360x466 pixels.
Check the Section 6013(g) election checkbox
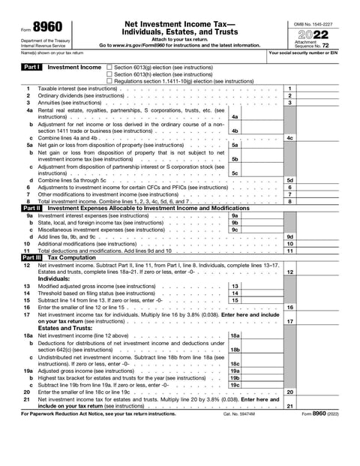109,67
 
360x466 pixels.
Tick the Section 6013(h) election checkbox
109,74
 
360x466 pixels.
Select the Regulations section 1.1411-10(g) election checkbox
109,80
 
